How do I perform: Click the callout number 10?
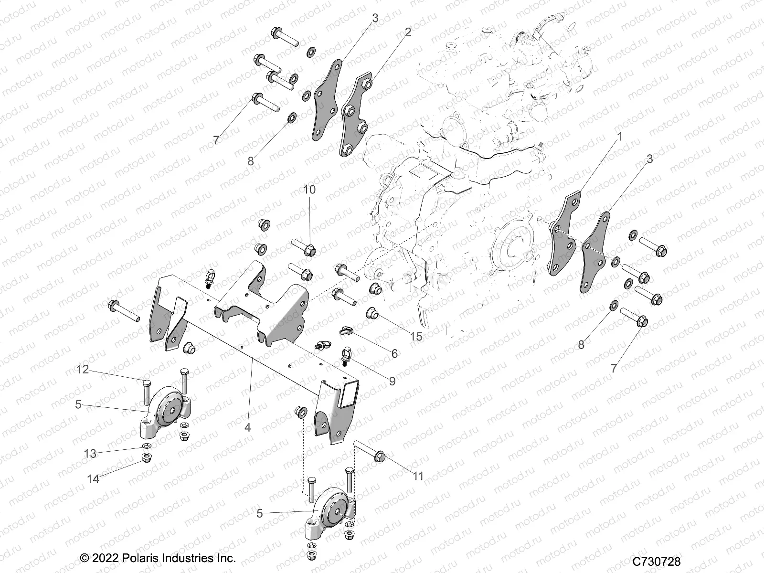tap(309, 190)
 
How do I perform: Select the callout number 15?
tap(416, 337)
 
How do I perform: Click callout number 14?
tap(93, 478)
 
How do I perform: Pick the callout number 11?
tap(418, 476)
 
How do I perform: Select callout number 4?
tap(247, 428)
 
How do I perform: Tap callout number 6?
tap(394, 353)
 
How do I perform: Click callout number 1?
tap(620, 137)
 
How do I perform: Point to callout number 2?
tap(407, 32)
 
